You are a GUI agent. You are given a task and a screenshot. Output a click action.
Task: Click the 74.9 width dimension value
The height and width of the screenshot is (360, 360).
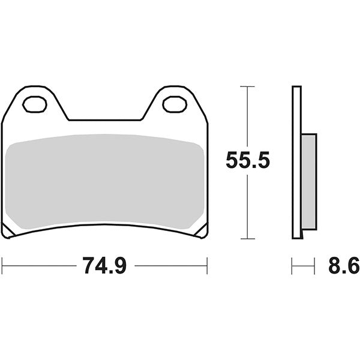tap(104, 265)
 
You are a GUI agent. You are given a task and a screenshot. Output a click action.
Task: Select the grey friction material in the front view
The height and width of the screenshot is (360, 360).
tap(105, 180)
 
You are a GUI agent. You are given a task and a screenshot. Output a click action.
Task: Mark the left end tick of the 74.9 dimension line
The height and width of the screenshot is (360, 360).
tap(2, 265)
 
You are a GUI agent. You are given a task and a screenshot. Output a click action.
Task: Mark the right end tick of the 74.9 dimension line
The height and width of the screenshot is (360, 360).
tap(207, 265)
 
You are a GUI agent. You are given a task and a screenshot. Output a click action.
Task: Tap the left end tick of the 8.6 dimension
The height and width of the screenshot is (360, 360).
tap(292, 265)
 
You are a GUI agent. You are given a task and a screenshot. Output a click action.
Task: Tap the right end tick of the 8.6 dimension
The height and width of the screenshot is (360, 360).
tap(314, 265)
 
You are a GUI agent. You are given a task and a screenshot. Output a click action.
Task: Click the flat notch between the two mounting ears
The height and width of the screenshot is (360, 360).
tap(105, 120)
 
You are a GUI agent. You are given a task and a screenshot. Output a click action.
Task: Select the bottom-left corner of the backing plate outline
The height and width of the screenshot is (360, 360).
tap(4, 236)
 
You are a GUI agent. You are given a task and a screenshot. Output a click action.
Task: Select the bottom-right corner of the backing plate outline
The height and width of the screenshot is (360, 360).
tap(206, 236)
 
